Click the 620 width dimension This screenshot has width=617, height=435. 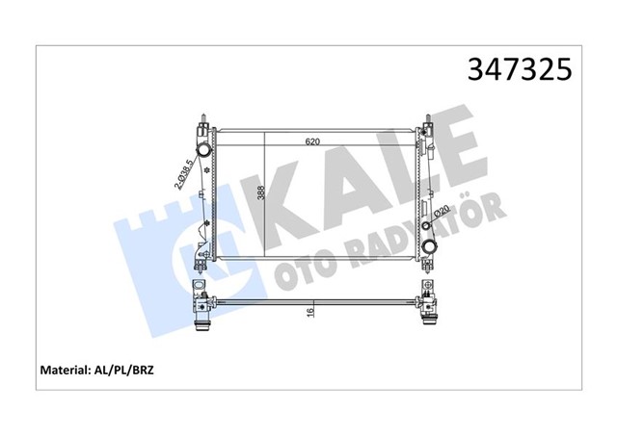pos(311,141)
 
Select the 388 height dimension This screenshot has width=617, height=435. pos(261,192)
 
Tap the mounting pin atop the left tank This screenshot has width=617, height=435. pos(203,120)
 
